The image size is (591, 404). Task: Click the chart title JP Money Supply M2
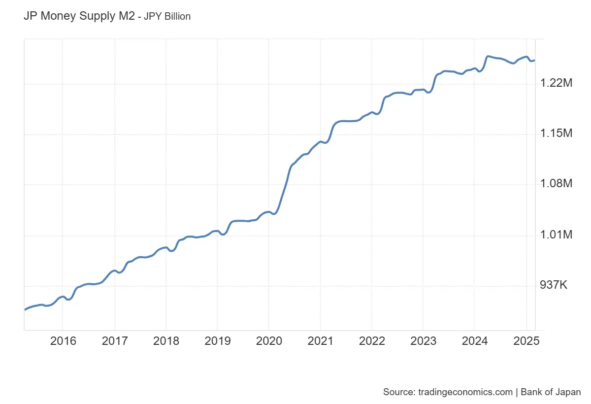click(x=79, y=16)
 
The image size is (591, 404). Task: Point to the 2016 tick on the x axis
click(x=63, y=341)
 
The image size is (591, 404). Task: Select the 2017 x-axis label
click(x=115, y=341)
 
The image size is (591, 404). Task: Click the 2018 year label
click(x=166, y=341)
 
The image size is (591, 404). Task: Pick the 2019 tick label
click(x=217, y=341)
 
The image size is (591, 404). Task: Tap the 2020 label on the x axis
click(x=269, y=341)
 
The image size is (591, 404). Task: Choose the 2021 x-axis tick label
click(x=320, y=341)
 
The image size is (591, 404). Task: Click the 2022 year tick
click(x=371, y=341)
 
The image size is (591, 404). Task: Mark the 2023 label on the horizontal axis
click(x=423, y=341)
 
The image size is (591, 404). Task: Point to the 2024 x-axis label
click(x=474, y=341)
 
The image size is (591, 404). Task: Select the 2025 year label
click(x=526, y=341)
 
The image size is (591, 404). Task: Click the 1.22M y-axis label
click(x=556, y=84)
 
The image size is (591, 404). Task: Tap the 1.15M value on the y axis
click(x=556, y=134)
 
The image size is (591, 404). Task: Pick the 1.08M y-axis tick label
click(x=556, y=184)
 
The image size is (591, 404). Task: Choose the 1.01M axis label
click(x=556, y=235)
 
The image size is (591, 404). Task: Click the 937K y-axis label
click(x=554, y=285)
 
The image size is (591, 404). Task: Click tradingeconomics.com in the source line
click(x=465, y=392)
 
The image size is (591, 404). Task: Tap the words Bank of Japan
click(x=551, y=392)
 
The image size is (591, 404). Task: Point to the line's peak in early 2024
click(x=488, y=57)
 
